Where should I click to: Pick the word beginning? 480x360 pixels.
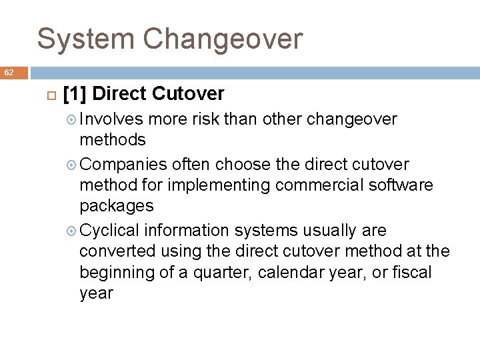tap(113, 273)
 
